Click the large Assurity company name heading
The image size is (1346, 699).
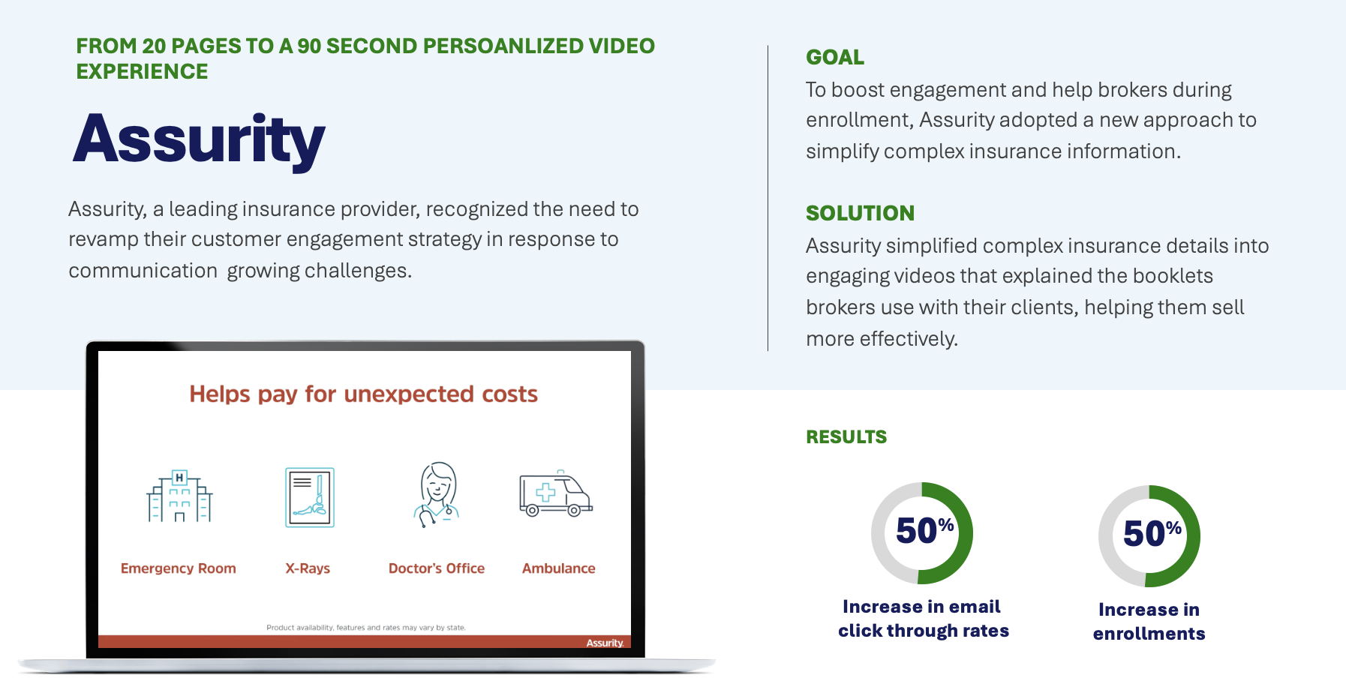199,139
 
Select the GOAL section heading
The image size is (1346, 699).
835,57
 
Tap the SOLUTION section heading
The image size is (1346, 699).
860,213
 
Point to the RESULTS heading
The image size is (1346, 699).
846,436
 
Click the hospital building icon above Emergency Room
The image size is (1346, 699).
179,496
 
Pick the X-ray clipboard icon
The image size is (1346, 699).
310,497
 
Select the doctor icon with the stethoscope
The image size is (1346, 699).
437,494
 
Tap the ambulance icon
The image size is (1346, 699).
556,494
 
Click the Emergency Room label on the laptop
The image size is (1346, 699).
179,568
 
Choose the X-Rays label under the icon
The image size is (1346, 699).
308,568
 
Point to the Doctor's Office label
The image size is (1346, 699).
437,568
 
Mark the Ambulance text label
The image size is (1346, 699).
559,568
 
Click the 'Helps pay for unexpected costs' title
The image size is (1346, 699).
364,394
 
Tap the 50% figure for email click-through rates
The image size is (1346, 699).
924,531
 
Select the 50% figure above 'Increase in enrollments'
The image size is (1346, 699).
1152,534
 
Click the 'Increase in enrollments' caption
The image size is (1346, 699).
1149,622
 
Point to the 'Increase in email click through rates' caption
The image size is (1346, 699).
924,619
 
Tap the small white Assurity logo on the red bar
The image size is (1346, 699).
605,643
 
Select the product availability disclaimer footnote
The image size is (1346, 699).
366,628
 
